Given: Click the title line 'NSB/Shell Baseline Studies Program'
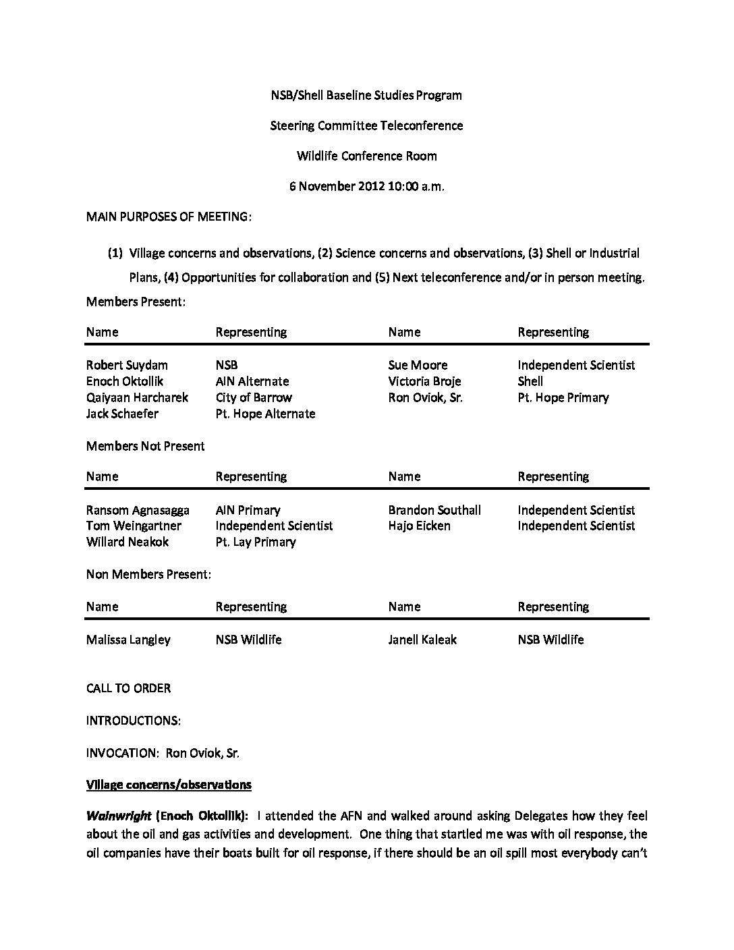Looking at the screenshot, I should click(366, 95).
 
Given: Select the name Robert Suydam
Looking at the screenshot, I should click(127, 365).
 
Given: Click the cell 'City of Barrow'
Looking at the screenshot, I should click(254, 397).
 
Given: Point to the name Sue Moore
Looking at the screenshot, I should click(418, 365).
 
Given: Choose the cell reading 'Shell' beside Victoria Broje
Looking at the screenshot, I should click(530, 381).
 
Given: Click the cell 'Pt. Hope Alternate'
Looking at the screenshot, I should click(265, 414).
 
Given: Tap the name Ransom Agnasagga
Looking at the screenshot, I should click(138, 510).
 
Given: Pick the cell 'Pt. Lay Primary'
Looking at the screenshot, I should click(256, 542).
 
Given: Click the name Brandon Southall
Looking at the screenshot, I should click(434, 510).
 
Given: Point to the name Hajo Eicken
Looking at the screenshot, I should click(419, 526).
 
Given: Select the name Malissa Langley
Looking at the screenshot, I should click(128, 640).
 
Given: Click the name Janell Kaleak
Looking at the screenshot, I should click(422, 640).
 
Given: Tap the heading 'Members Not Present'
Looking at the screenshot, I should click(145, 446).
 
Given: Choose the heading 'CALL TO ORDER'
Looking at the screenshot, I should click(128, 688).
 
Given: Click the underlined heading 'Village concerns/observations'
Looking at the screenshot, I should click(169, 784).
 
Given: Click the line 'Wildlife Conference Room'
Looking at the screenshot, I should click(366, 156).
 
